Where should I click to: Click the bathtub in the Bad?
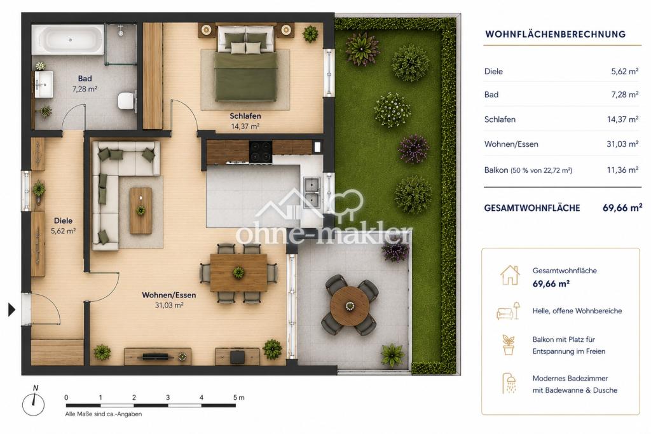pos(68,40)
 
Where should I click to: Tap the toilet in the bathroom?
pos(127,101)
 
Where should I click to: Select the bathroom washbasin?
pos(43,85)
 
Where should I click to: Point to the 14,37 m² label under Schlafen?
pos(245,126)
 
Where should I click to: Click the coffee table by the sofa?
pos(140,210)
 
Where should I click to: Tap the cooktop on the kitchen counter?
pos(260,151)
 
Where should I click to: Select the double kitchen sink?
pos(312,193)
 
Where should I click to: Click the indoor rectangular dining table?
pos(239,273)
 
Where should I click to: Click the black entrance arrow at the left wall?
pos(12,309)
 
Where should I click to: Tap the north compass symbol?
pos(33,402)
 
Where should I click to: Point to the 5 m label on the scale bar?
pos(239,398)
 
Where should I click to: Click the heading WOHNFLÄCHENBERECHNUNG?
pos(555,34)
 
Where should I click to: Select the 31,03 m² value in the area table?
pos(622,144)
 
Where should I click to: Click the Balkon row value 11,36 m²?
pos(622,170)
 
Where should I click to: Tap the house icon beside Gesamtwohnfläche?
pos(510,276)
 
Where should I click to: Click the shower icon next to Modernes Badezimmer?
pos(509,383)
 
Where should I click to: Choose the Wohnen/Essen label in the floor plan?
pos(169,295)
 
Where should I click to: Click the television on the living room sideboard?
pos(156,356)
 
